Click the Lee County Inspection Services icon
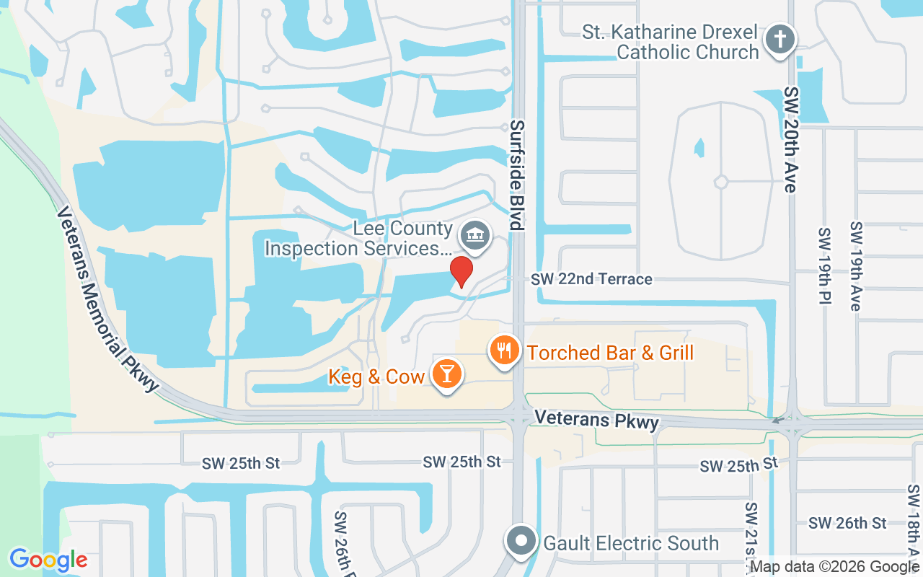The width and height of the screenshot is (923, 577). point(475,235)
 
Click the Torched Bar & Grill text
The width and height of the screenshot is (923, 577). point(611,353)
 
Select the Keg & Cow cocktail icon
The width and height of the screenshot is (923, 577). point(447,374)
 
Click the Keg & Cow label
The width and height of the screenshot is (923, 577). point(376,376)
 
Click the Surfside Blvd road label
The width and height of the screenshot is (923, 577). point(516,175)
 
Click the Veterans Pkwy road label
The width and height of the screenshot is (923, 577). point(596,419)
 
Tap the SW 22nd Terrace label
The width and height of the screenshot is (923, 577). point(591,279)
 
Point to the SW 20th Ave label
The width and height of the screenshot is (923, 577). point(792,140)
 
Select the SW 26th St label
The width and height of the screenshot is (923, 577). point(847,523)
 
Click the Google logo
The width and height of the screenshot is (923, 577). point(48,560)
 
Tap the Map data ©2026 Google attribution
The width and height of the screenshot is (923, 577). point(835,567)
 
